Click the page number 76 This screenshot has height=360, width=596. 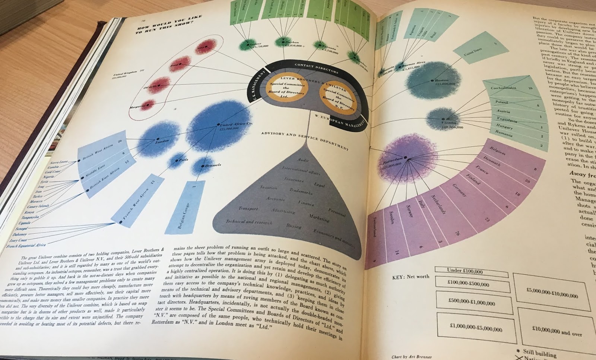143,20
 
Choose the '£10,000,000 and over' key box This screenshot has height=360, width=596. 557,331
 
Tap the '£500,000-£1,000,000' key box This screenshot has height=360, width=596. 472,301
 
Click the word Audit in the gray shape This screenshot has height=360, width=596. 303,160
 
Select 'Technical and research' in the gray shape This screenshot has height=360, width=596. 249,222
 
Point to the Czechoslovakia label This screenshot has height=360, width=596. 503,88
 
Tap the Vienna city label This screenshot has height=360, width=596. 449,122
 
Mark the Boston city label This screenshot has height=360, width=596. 442,80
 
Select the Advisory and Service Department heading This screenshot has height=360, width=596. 304,140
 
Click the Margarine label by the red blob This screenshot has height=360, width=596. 137,107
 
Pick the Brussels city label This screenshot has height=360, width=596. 212,165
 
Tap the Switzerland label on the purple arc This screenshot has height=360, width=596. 374,227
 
